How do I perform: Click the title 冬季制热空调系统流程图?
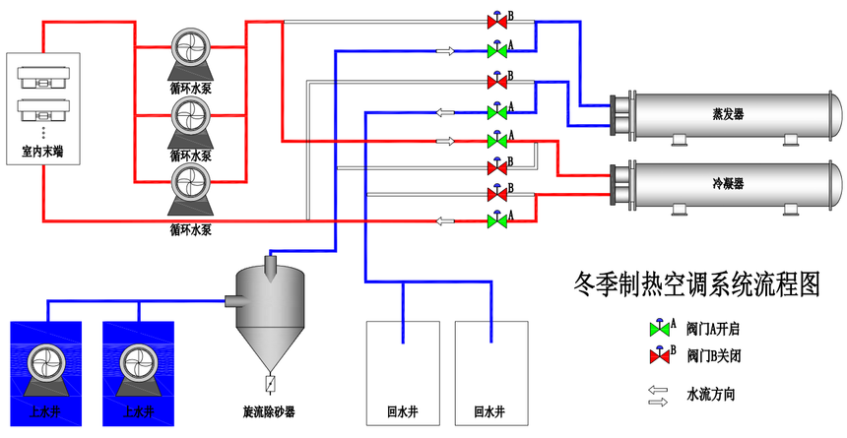[696, 284]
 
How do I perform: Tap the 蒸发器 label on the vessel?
[728, 114]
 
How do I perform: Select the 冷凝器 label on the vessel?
[728, 184]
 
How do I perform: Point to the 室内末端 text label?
[42, 153]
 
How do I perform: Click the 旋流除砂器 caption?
[269, 412]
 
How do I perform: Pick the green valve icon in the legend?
[660, 327]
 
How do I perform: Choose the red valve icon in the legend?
[660, 354]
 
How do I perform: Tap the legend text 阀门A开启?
[712, 329]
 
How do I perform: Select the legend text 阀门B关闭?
[712, 356]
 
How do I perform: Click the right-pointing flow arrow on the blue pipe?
[445, 51]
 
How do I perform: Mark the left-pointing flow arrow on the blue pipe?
[445, 113]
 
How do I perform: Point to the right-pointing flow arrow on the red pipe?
[445, 142]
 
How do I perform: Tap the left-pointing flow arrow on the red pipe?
[445, 220]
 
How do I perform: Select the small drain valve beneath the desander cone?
[270, 384]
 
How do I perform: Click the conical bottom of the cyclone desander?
[270, 347]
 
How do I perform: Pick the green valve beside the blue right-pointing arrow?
[497, 49]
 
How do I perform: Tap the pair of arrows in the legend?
[658, 396]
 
